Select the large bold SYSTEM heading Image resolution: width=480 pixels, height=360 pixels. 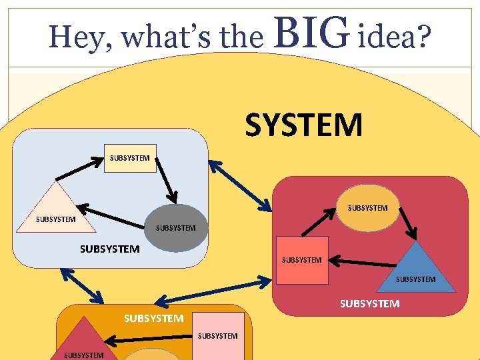point(304,125)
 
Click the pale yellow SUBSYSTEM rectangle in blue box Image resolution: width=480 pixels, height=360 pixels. point(130,158)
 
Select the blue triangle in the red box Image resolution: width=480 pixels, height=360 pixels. point(416,270)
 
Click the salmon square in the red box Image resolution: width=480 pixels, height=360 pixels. point(302,260)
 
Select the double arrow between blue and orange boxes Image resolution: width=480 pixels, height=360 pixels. point(81,287)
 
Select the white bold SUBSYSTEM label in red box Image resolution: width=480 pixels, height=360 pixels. point(369,303)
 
